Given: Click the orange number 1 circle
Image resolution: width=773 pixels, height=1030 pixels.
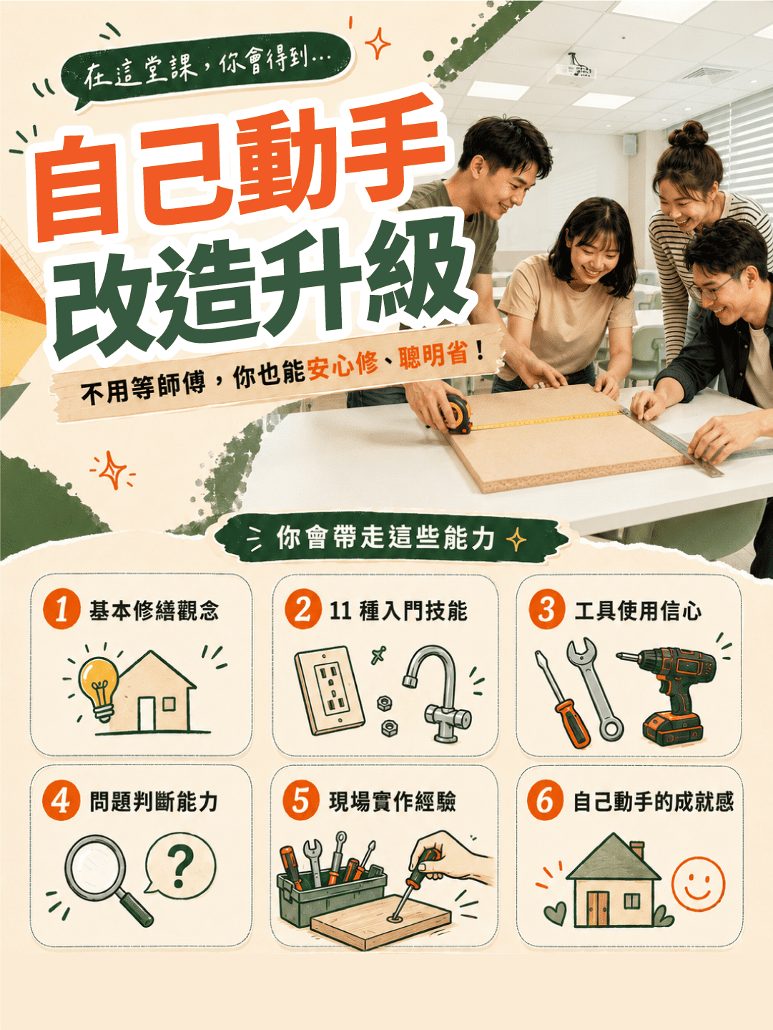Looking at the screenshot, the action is coord(61,611).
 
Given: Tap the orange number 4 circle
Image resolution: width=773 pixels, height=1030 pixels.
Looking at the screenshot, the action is coord(61,802).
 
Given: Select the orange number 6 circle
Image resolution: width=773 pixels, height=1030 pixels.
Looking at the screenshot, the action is coord(545,802).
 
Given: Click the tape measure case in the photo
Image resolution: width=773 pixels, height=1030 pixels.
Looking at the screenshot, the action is coord(457,413).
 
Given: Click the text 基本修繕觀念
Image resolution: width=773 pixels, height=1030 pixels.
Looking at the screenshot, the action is coord(154,611).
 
